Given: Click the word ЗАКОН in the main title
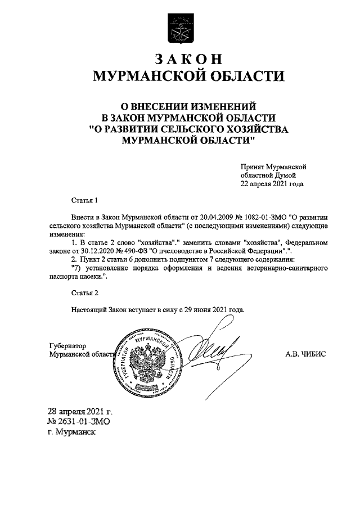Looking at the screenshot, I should click(x=180, y=58).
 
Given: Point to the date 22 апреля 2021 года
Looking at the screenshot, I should click(x=272, y=183).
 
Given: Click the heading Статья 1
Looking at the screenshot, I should click(x=85, y=200).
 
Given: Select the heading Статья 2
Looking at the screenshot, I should click(x=85, y=294).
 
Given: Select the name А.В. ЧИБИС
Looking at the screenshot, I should click(x=306, y=354).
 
